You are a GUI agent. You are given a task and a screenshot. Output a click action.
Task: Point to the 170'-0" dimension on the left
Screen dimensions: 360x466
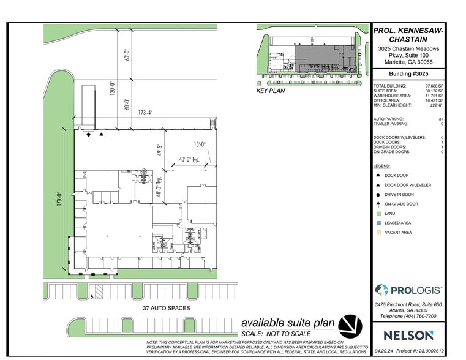(60, 201)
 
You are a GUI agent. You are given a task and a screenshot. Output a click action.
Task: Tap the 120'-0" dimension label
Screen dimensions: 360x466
(111, 90)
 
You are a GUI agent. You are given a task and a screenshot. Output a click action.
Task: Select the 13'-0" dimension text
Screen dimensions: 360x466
(199, 145)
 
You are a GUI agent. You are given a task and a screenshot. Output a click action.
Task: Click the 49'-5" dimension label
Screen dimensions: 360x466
(159, 150)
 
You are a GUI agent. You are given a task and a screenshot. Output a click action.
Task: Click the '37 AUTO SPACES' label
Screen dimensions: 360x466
(166, 308)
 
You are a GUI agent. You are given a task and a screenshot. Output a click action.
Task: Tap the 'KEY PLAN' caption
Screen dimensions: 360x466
(271, 91)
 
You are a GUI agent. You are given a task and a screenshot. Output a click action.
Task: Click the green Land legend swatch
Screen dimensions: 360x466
(377, 213)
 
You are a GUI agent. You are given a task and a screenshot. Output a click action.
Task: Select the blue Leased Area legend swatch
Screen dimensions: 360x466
(377, 223)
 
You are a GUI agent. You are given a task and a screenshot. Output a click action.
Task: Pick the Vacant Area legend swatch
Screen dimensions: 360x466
(377, 233)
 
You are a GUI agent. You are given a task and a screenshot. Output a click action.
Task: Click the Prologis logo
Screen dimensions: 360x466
(408, 290)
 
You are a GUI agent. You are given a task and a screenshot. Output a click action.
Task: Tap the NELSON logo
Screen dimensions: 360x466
(408, 335)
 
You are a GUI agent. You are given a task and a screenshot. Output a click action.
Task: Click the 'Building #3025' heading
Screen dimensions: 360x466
(408, 74)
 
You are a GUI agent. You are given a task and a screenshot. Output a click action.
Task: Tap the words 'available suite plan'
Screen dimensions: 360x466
(288, 323)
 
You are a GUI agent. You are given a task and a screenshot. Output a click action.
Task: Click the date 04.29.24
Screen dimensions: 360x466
(384, 352)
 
